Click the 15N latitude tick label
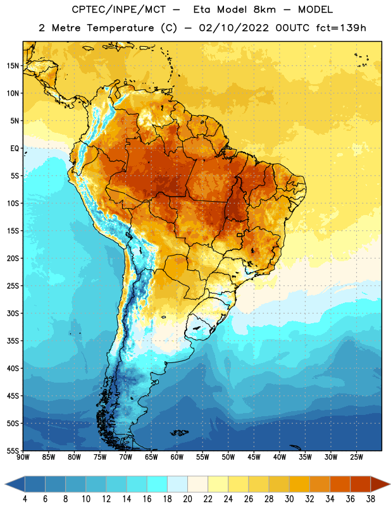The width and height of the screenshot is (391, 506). point(13,66)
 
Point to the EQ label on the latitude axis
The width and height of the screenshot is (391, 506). point(15,149)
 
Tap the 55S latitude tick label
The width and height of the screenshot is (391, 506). point(13,450)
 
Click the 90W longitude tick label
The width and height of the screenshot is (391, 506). point(23,457)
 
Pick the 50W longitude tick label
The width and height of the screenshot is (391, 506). point(228,457)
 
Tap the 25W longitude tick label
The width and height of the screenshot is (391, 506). point(356,457)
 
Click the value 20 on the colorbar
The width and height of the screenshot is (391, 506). point(187,499)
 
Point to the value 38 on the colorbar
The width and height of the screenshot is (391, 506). point(371,499)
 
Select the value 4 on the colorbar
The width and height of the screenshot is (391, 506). point(25,499)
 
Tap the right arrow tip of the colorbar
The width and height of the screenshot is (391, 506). point(390,484)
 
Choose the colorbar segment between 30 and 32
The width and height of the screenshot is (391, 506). point(299,484)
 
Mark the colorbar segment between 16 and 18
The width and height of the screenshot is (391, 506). point(158,484)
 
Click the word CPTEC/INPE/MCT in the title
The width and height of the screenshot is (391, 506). point(119,9)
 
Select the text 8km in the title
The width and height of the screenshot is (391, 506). point(264,9)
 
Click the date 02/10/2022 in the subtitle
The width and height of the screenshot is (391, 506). point(233,28)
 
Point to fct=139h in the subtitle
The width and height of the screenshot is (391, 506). point(341,28)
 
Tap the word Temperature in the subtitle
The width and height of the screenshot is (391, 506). point(120,28)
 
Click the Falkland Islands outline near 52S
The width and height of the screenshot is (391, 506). point(180,433)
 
